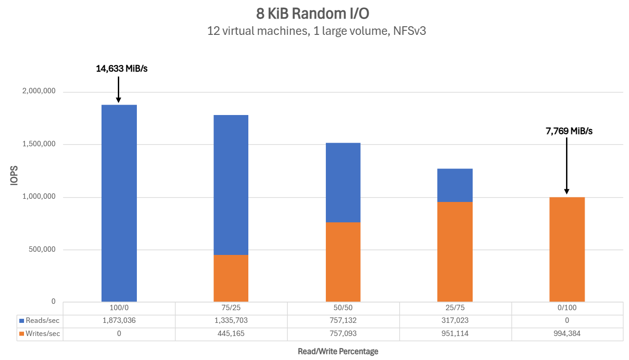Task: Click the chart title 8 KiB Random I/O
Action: (312, 14)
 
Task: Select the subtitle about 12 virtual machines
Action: (316, 31)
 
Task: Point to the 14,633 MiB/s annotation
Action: (122, 69)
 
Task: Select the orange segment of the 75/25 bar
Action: (231, 278)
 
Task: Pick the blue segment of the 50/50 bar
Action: (343, 182)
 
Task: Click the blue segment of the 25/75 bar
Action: (455, 185)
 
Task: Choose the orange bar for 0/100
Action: (567, 249)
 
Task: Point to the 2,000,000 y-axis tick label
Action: (39, 92)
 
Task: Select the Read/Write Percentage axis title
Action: (338, 351)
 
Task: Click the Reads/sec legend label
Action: (43, 321)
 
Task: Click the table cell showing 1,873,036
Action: (119, 321)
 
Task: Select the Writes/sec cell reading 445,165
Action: (231, 334)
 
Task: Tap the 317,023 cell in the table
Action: (455, 321)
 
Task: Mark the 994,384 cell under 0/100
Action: (567, 334)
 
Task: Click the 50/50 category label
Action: (343, 308)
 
